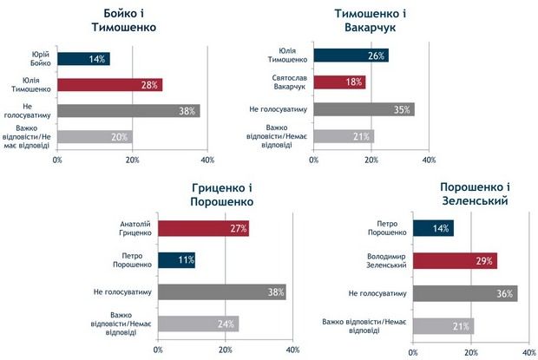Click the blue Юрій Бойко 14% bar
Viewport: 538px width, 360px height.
(83, 59)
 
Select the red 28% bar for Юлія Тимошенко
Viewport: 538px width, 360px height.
(109, 85)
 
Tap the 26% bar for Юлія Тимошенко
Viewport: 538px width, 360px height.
(351, 56)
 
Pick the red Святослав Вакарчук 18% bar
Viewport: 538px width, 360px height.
(339, 82)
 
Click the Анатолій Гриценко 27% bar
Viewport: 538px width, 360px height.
(203, 229)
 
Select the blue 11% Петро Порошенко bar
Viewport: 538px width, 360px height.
(177, 260)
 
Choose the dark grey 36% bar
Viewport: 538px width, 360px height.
(465, 294)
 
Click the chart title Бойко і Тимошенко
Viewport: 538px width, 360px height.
(124, 19)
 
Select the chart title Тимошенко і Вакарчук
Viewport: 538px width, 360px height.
(372, 19)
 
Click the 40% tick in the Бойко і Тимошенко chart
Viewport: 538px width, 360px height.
(207, 160)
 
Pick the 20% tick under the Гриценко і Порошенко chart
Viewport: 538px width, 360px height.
(225, 350)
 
